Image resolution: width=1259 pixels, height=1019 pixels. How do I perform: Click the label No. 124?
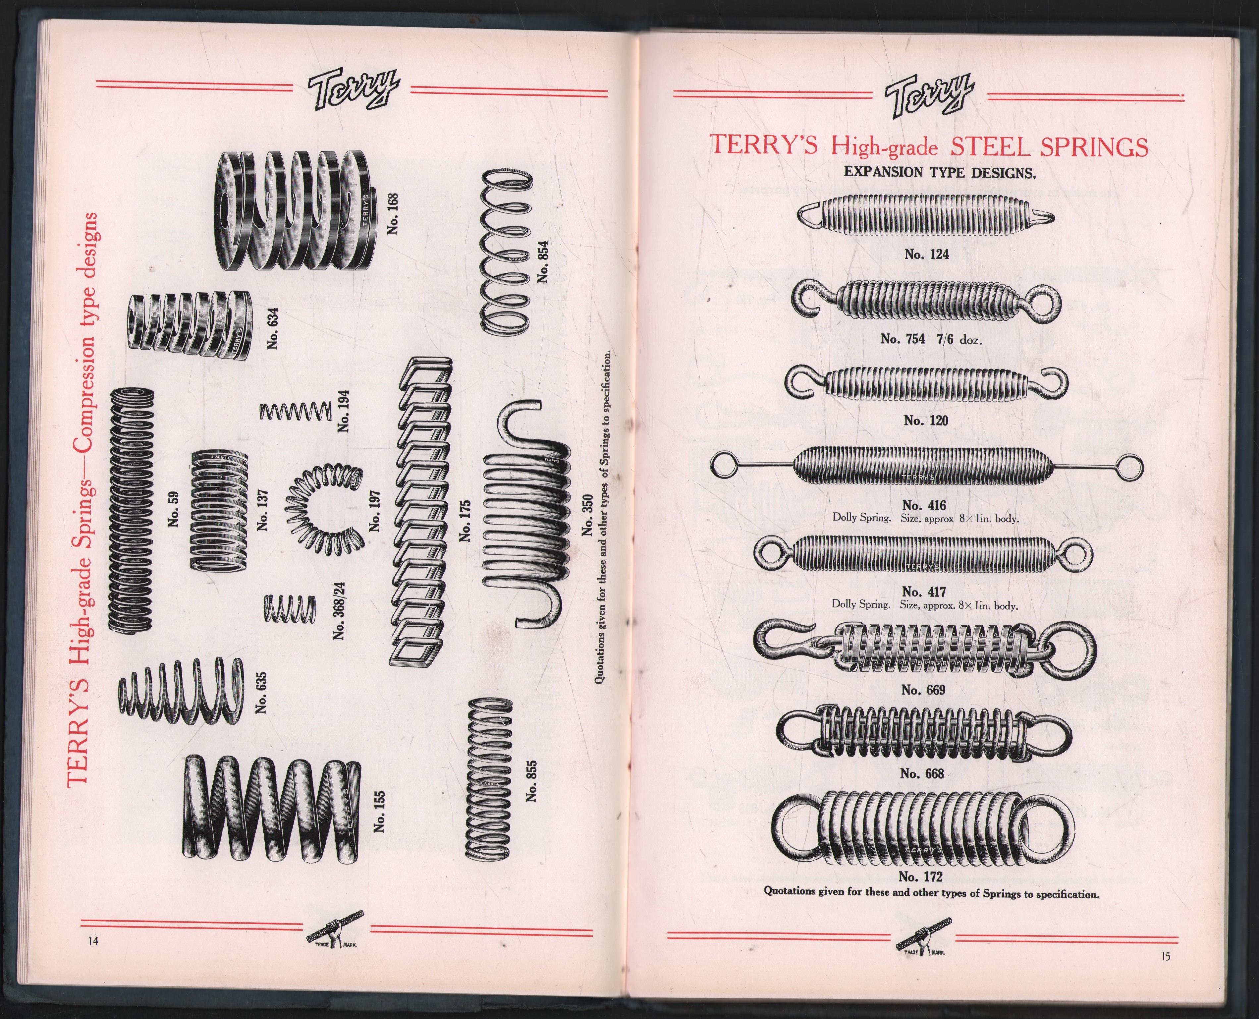(926, 254)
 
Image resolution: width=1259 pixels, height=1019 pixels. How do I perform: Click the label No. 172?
(920, 877)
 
